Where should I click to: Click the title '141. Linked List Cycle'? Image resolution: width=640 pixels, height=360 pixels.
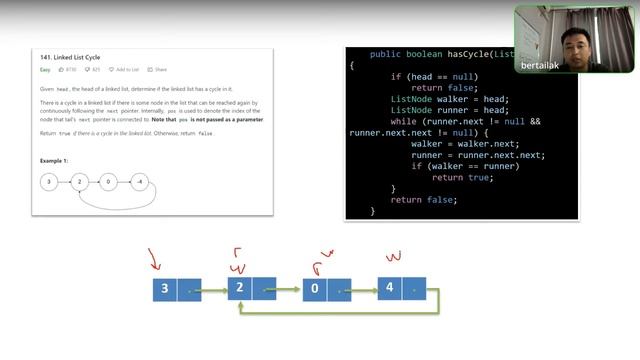coord(67,57)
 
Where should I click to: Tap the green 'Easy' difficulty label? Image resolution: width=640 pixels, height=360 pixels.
coord(45,70)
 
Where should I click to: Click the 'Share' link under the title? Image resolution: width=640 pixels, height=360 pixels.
coord(158,70)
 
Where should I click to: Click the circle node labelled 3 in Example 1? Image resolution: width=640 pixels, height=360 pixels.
coord(48,182)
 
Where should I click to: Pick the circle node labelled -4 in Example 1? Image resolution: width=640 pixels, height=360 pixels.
coord(141,182)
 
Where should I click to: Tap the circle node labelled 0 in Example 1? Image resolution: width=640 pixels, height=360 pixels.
coord(110,182)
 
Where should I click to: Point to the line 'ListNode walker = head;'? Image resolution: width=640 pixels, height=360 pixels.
coord(449,98)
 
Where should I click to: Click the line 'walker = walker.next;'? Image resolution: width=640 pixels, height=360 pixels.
coord(464,143)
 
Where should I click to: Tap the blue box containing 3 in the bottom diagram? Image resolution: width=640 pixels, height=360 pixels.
coord(166,290)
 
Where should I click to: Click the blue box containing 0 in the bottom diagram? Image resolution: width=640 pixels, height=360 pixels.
coord(315,290)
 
